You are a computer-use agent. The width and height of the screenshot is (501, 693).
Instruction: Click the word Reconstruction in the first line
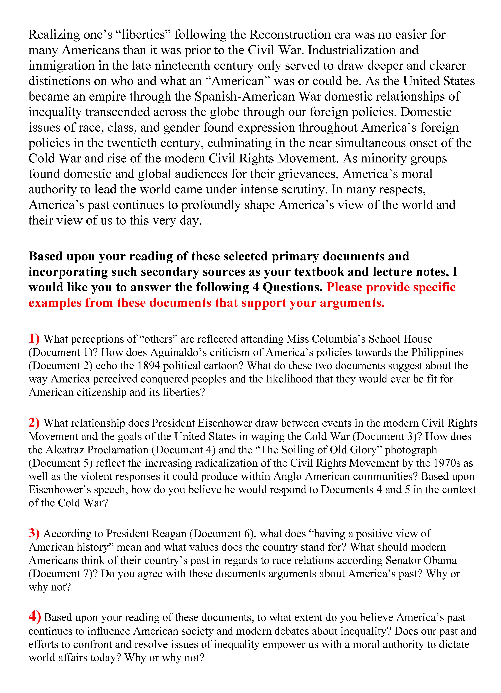[290, 34]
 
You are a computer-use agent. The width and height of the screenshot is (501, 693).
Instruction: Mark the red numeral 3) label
[34, 533]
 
